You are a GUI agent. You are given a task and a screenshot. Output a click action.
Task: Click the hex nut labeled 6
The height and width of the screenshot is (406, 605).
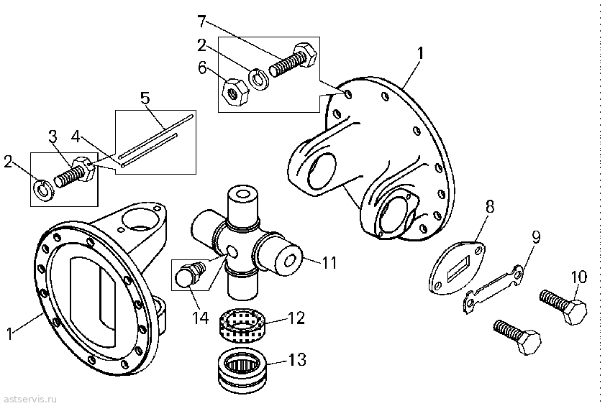point(236,93)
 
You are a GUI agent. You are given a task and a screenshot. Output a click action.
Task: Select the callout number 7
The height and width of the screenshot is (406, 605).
point(202,22)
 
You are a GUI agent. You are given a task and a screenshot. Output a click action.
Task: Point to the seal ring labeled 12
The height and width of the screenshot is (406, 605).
point(242,325)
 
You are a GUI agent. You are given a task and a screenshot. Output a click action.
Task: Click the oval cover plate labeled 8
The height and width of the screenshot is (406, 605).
point(457,267)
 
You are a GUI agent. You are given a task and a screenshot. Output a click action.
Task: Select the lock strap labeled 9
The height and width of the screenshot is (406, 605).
point(493,288)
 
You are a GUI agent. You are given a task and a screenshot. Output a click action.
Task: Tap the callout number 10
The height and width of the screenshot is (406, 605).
point(579,277)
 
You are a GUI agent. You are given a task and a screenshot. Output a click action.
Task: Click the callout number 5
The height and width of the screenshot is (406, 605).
point(145,98)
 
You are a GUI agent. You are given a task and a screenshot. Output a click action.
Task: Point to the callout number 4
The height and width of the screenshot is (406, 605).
point(76,136)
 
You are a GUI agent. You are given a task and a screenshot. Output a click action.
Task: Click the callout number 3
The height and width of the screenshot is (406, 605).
point(53,136)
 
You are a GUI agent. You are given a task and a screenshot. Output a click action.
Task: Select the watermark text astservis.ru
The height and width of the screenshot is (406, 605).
point(29,399)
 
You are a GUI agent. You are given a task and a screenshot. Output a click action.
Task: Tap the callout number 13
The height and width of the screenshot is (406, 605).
point(297,359)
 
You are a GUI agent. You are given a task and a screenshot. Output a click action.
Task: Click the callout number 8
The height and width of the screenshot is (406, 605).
point(490,207)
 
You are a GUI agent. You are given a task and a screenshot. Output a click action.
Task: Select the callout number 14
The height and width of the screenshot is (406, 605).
point(201,318)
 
